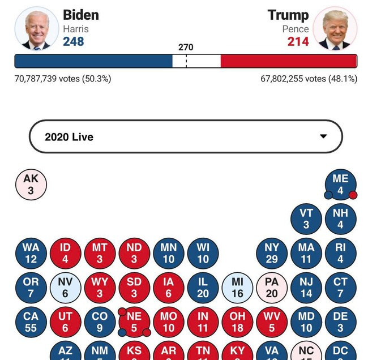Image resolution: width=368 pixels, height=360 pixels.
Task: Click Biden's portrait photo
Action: click(36, 28)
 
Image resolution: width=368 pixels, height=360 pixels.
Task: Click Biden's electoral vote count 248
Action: click(74, 41)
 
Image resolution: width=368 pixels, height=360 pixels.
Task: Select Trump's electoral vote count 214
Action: click(298, 41)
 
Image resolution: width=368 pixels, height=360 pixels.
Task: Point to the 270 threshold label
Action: click(186, 48)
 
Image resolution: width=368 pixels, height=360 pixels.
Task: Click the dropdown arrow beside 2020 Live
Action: click(323, 136)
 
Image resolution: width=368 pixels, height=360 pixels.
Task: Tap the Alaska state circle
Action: click(31, 185)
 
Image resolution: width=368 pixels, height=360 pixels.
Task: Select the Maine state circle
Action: click(340, 185)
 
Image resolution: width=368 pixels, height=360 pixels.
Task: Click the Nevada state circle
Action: click(65, 288)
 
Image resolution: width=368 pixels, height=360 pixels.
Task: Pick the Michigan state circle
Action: click(237, 288)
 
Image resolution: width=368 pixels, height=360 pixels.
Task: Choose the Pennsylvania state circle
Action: click(272, 288)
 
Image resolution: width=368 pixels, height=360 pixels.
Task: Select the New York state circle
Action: click(272, 253)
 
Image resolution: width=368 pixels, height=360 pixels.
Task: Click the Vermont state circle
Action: click(306, 219)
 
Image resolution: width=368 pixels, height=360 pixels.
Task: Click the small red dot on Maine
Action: click(353, 195)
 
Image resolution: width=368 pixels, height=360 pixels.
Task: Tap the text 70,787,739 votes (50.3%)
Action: click(63, 79)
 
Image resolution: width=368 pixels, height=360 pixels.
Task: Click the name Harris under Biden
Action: click(75, 29)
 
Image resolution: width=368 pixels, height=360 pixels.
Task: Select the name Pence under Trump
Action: click(296, 29)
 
